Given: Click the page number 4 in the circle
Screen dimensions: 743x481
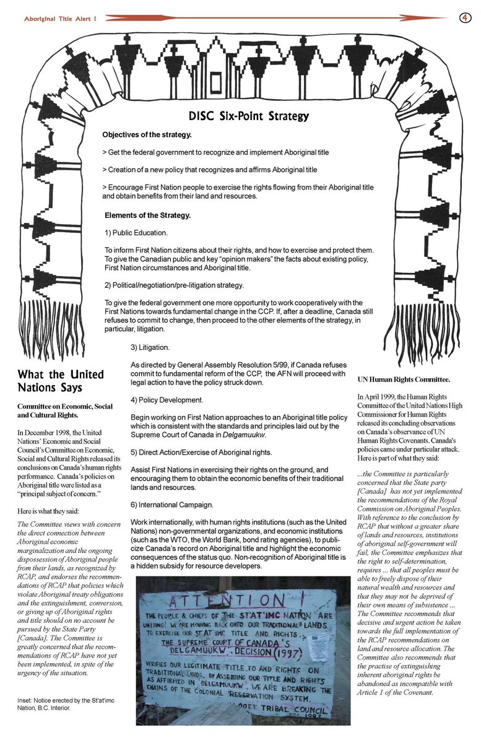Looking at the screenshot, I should tap(464, 17).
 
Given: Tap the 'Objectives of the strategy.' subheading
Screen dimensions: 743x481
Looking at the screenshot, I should tap(146, 135).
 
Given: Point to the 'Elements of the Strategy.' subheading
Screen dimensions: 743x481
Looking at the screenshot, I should tap(147, 215).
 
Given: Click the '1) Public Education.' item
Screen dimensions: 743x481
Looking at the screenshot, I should tap(136, 233).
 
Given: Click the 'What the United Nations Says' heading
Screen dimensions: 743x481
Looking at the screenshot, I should tap(61, 382).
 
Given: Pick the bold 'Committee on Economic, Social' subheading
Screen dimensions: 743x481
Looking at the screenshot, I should tap(65, 406).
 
